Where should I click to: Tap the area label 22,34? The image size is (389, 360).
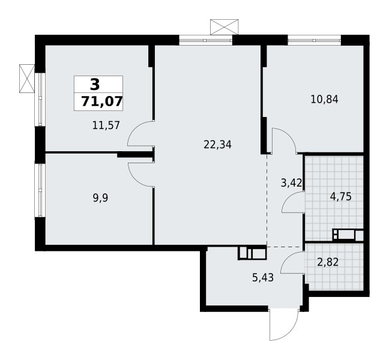pos(218,144)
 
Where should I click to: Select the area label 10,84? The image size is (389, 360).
pos(325,100)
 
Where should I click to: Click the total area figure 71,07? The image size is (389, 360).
pos(98,101)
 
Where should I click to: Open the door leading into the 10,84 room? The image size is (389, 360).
pos(283,140)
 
